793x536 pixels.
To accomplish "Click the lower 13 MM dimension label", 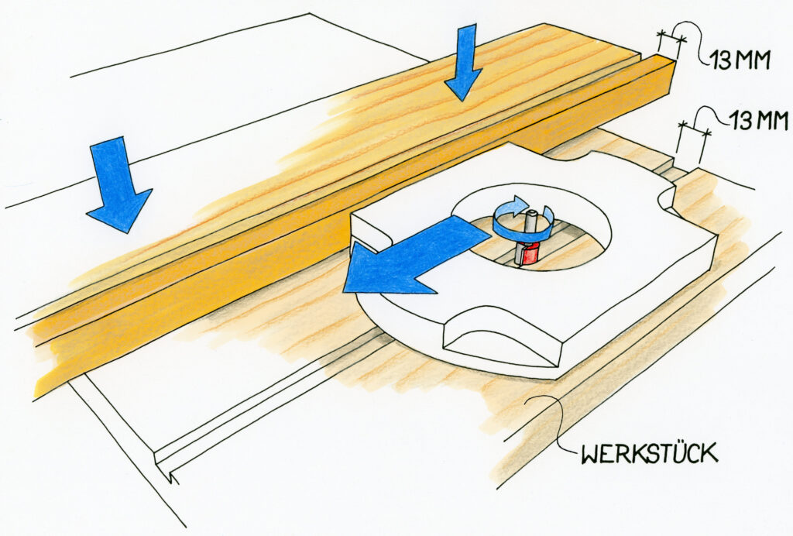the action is click(757, 121).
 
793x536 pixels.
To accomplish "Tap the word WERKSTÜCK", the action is click(649, 452).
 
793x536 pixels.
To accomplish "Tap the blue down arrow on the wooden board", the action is click(463, 63).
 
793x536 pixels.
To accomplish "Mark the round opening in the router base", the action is click(531, 226).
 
